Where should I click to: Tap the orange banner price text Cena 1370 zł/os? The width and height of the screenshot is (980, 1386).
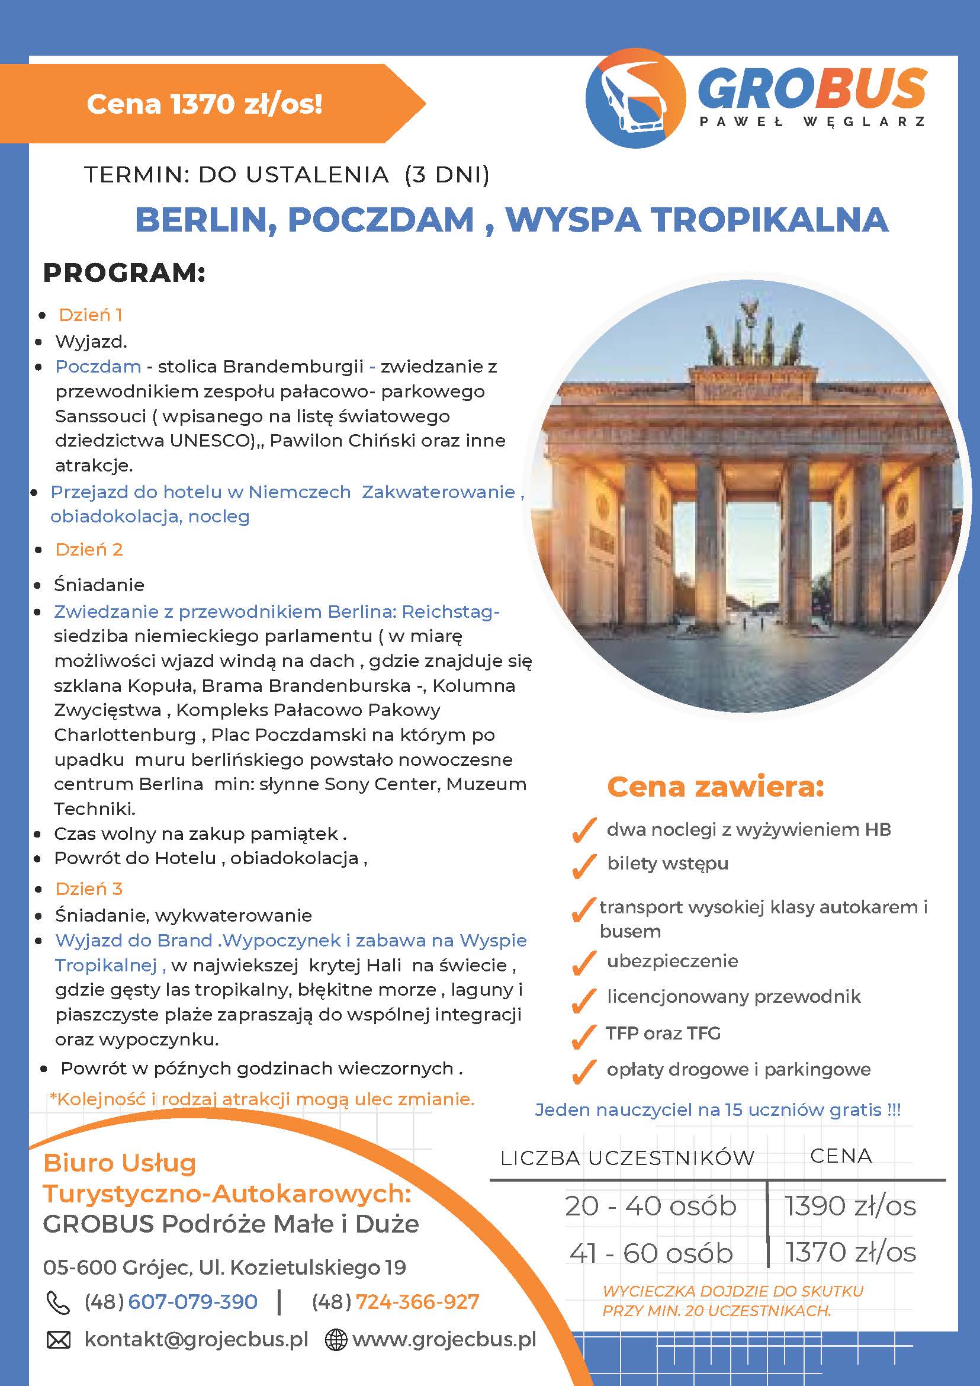204,104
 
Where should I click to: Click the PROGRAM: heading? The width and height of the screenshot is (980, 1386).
124,273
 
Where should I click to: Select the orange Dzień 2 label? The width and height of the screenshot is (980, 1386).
89,549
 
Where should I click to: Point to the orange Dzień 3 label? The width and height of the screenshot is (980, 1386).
89,888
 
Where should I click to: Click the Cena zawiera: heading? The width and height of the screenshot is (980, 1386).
715,787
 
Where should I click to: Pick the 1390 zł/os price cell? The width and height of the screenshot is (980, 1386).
850,1206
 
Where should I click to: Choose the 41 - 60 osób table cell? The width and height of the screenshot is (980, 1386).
651,1253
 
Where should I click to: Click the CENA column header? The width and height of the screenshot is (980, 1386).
841,1156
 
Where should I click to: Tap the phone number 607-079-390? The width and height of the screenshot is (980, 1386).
192,1301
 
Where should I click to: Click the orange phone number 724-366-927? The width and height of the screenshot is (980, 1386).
417,1301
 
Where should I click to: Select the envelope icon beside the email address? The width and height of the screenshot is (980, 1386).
59,1340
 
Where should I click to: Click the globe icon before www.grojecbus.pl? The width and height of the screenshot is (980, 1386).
336,1340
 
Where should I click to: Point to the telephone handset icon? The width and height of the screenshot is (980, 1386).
59,1302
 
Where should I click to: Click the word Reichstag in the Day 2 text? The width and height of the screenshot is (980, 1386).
448,611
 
